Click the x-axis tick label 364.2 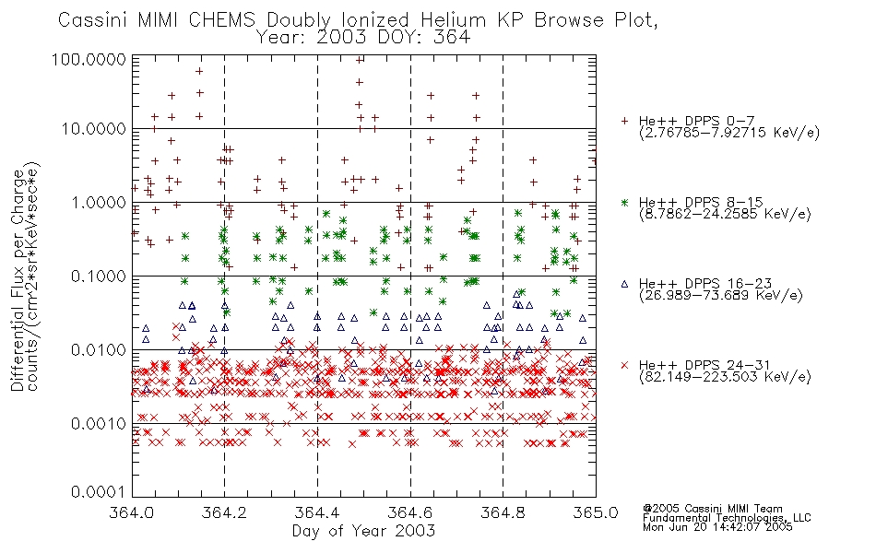point(225,512)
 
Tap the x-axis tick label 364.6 point(410,512)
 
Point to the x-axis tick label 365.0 point(596,512)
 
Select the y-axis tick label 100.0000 point(89,59)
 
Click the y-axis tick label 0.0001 point(99,491)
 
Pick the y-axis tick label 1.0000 point(99,202)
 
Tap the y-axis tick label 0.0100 point(99,350)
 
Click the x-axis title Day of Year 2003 point(363,531)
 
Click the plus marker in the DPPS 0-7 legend point(624,121)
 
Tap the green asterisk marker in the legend point(624,202)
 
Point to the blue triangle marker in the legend point(624,284)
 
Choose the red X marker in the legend point(624,365)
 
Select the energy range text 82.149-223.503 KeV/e point(725,377)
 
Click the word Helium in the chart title point(453,20)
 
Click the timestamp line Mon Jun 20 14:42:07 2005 point(717,526)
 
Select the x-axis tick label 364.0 point(131,512)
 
